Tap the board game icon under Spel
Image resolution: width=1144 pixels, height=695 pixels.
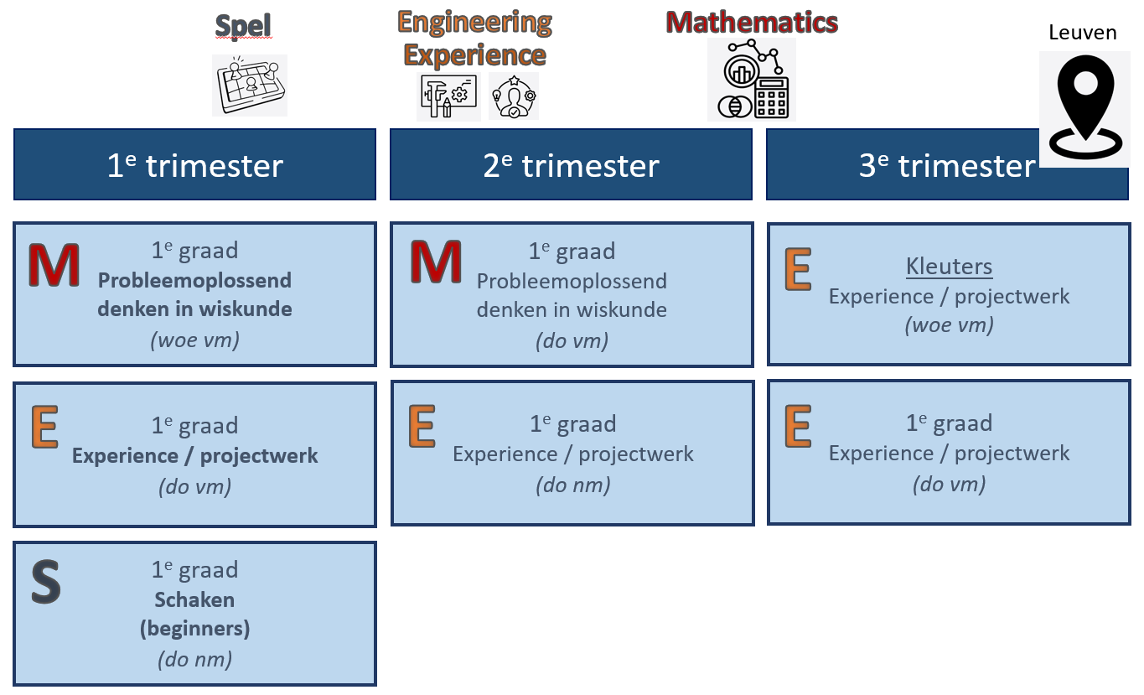click(x=249, y=85)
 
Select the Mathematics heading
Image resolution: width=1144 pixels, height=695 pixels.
click(x=752, y=22)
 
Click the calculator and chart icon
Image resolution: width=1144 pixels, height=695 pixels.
click(x=751, y=80)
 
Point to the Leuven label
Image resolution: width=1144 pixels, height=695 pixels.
click(x=1082, y=33)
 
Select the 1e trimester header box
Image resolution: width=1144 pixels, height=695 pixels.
click(x=194, y=165)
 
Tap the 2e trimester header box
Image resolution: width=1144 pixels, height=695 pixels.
click(x=571, y=165)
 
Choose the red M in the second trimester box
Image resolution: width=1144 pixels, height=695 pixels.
click(x=435, y=262)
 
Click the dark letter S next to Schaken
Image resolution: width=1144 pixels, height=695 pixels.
click(x=46, y=583)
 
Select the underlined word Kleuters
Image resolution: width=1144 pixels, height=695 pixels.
click(x=949, y=267)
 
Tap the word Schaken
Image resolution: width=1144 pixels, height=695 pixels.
click(x=194, y=599)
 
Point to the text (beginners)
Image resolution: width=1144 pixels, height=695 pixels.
click(x=194, y=628)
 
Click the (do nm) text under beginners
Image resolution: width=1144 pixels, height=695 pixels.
click(x=194, y=659)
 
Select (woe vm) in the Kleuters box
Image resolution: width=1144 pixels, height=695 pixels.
click(x=949, y=325)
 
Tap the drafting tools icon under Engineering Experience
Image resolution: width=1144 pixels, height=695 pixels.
click(x=448, y=96)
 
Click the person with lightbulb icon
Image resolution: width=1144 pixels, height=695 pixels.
click(x=513, y=96)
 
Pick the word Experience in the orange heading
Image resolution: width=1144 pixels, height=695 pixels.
click(x=474, y=55)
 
